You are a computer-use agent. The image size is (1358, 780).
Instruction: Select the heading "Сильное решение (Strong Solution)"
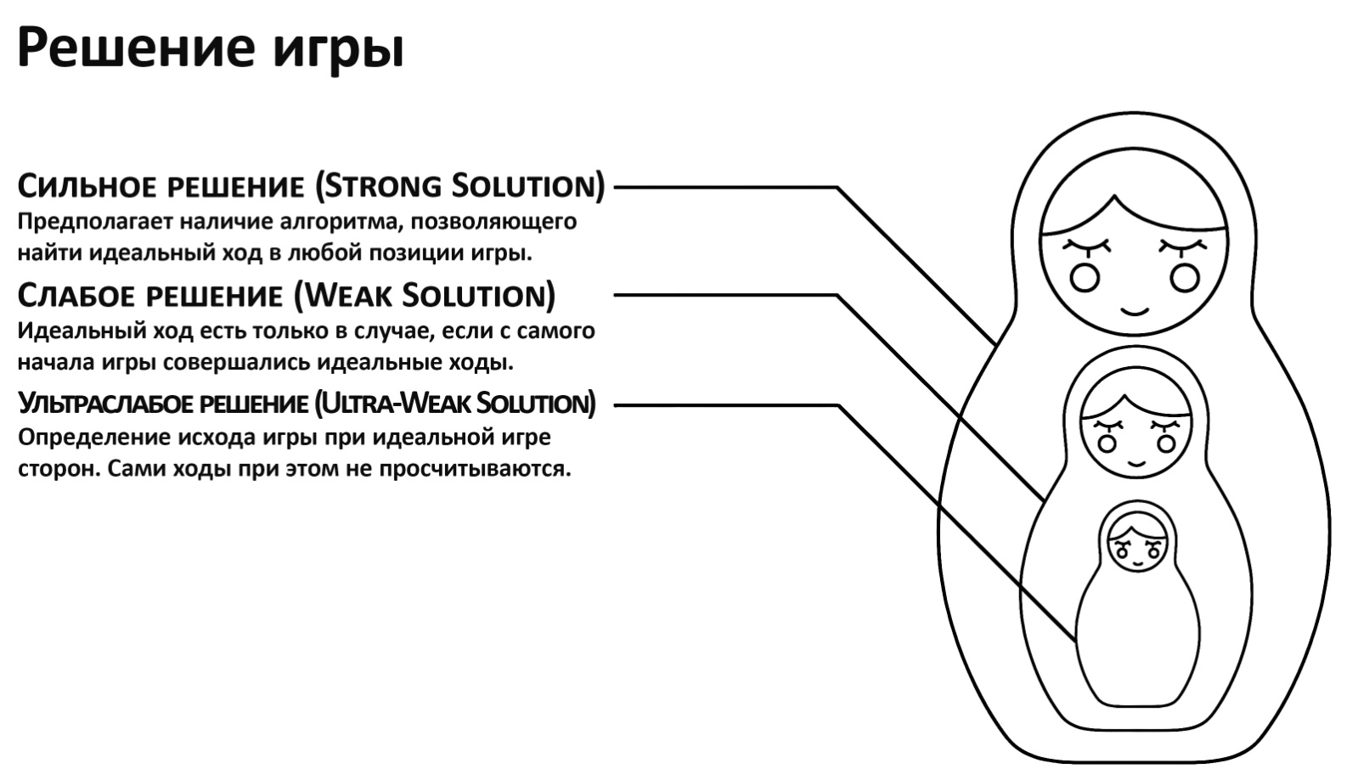click(x=311, y=186)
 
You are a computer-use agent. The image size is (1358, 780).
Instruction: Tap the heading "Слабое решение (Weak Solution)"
click(x=286, y=296)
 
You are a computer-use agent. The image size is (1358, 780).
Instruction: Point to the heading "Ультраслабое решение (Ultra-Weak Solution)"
click(x=307, y=404)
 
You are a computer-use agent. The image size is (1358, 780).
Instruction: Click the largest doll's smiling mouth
click(x=1134, y=308)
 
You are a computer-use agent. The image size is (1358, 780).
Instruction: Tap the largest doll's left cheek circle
click(x=1085, y=277)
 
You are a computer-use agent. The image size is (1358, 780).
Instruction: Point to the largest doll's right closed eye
click(x=1183, y=246)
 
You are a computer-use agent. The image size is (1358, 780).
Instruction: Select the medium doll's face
click(x=1135, y=433)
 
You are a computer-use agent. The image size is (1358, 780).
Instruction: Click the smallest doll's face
click(x=1137, y=545)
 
